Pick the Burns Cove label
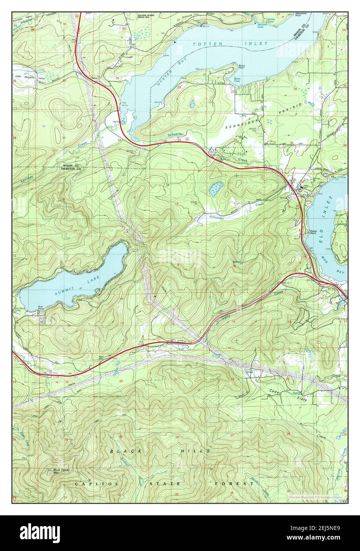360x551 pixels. pyautogui.click(x=237, y=80)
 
